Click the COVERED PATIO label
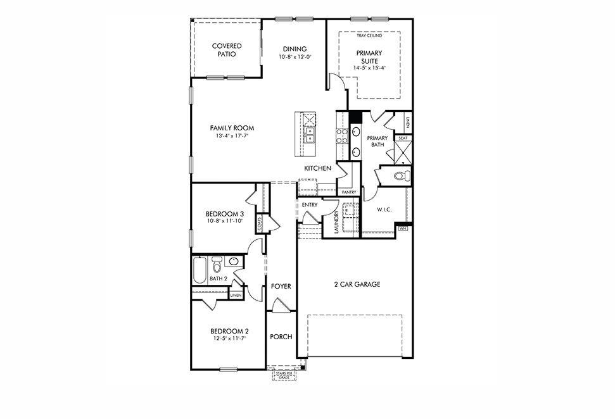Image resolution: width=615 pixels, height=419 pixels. [227, 50]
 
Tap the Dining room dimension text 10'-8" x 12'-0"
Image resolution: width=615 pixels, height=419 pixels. [295, 57]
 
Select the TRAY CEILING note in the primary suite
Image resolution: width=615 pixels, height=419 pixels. [369, 35]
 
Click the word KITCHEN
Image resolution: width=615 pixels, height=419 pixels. [318, 168]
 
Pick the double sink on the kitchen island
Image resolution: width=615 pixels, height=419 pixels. [309, 135]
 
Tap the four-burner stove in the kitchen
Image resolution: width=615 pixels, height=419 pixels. [342, 135]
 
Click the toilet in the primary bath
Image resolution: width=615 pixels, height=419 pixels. [400, 176]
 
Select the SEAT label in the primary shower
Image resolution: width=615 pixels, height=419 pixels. [402, 137]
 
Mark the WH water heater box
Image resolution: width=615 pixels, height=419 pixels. [403, 228]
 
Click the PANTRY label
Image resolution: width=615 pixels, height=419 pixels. [349, 192]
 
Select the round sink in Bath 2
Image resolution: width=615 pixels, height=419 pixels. [234, 261]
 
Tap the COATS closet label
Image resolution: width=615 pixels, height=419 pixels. [260, 223]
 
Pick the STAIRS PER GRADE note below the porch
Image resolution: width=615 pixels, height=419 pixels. [283, 375]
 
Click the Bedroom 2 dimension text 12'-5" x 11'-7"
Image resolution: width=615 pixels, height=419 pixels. [229, 338]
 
